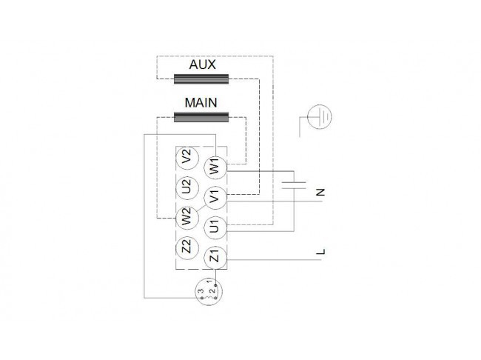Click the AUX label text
click(x=202, y=64)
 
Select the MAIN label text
click(x=201, y=103)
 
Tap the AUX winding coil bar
click(x=201, y=79)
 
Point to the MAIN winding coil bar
click(x=201, y=117)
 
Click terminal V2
click(x=187, y=158)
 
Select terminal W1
click(x=215, y=167)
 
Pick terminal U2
click(x=187, y=187)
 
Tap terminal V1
click(x=215, y=198)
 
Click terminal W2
click(x=187, y=218)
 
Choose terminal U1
click(x=215, y=227)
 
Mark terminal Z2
click(x=187, y=247)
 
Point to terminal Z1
click(x=215, y=257)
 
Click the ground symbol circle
click(x=320, y=117)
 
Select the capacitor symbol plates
click(x=294, y=185)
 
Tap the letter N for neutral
click(x=320, y=193)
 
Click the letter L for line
click(x=320, y=252)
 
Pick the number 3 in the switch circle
click(x=201, y=290)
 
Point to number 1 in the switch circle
click(x=209, y=281)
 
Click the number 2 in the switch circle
click(x=212, y=290)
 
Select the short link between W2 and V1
click(x=201, y=207)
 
